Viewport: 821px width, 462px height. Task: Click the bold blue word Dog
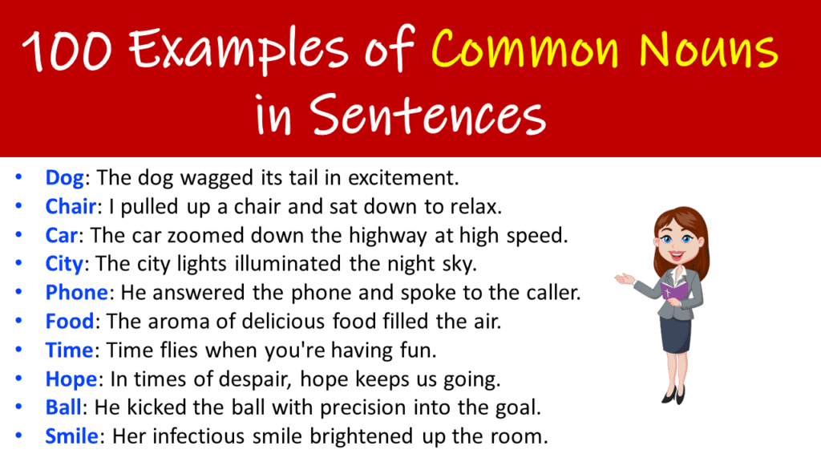64,178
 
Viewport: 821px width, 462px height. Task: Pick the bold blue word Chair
71,207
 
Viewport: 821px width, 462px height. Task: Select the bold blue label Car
63,236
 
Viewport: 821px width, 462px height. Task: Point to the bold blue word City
64,264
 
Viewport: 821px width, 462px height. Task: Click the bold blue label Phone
76,293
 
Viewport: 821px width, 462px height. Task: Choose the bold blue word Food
70,322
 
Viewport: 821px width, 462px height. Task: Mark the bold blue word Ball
63,407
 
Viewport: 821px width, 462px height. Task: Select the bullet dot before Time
18,351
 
